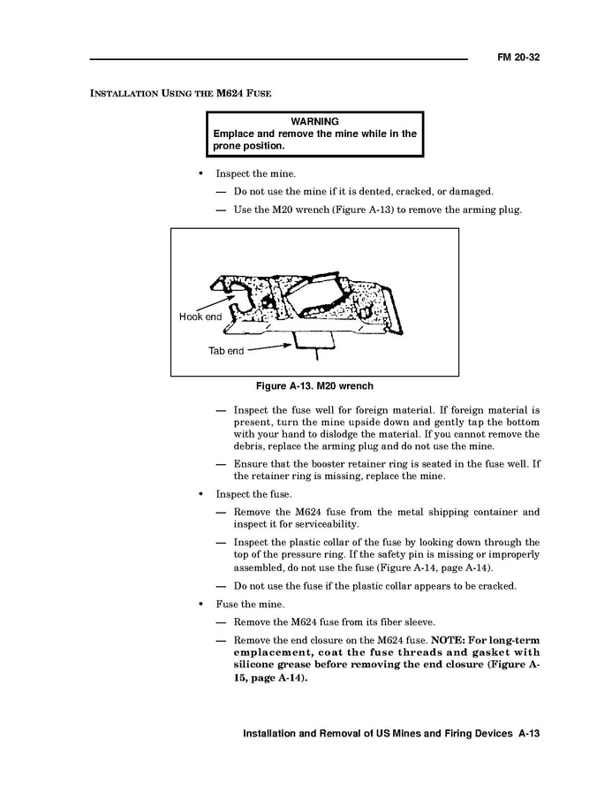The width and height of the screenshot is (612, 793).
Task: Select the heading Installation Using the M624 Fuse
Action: tap(181, 93)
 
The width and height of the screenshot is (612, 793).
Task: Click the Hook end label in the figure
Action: tap(200, 316)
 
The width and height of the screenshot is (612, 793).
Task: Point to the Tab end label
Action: tap(226, 351)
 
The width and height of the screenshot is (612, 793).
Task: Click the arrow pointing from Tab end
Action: tap(270, 347)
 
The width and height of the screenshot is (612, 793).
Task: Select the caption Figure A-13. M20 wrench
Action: tap(314, 386)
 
